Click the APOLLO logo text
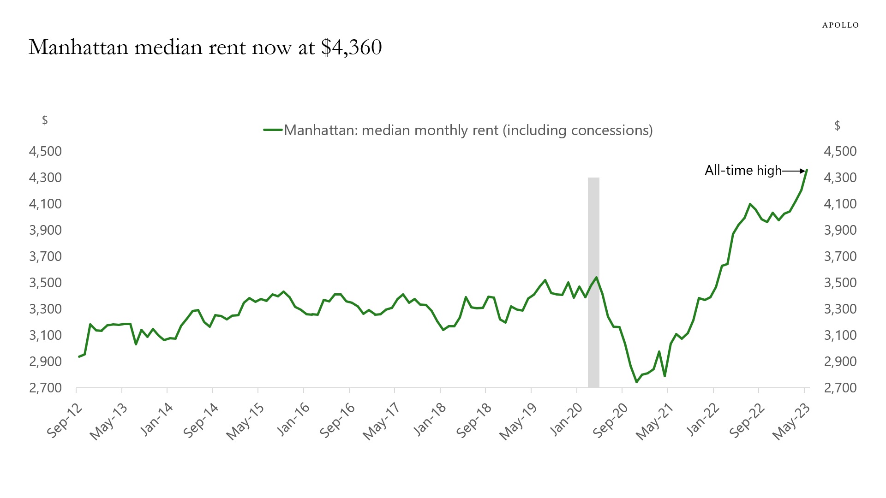[x=840, y=25]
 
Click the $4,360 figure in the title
[x=352, y=47]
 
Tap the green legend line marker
[x=273, y=130]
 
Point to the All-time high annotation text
[x=743, y=170]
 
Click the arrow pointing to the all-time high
[x=794, y=171]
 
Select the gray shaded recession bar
[x=593, y=282]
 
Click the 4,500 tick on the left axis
[x=45, y=151]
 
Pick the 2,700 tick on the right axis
[x=840, y=388]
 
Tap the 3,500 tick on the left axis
[x=45, y=283]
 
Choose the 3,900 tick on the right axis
[x=840, y=230]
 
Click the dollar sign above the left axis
[x=45, y=120]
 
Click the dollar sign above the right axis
[x=837, y=126]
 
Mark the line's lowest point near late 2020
[x=636, y=382]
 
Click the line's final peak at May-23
[x=807, y=170]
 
